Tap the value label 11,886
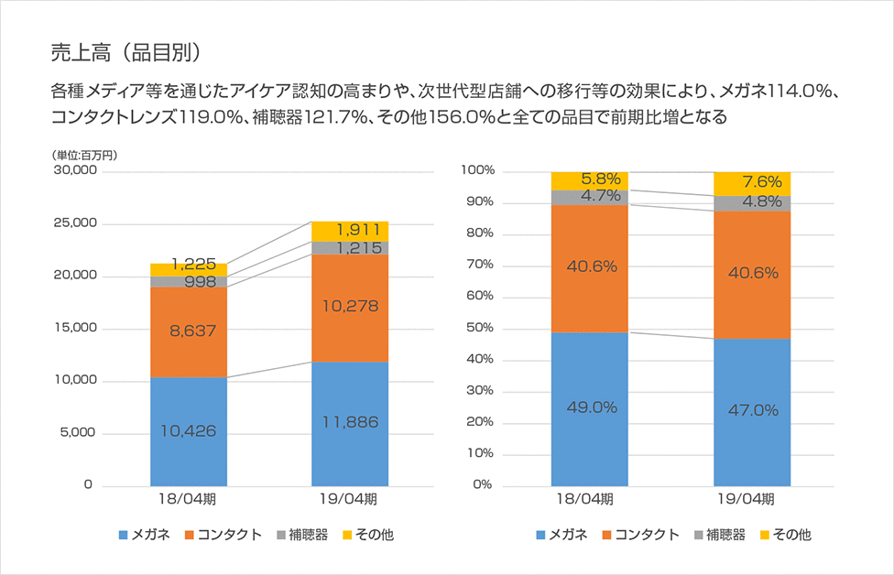[x=350, y=422]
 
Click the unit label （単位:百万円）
[x=84, y=155]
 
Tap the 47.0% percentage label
[x=751, y=409]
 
